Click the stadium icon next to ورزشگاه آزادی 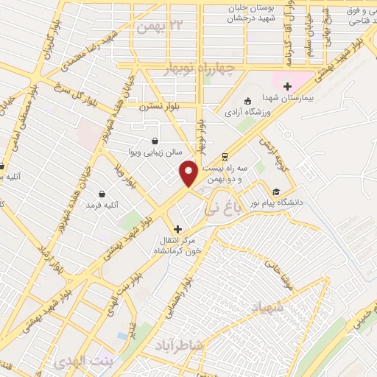[x=247, y=101]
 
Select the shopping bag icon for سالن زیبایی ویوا [x=154, y=140]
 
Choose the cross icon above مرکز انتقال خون [x=177, y=229]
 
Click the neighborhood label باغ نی [x=216, y=211]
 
